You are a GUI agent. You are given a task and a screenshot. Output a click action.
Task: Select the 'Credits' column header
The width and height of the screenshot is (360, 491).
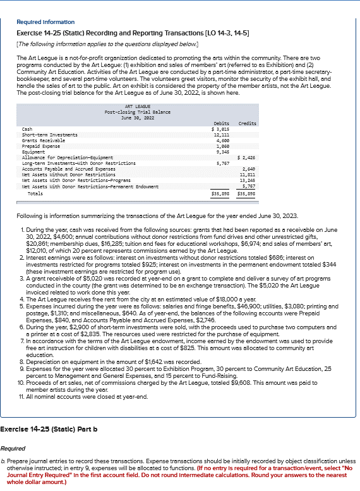pyautogui.click(x=247, y=123)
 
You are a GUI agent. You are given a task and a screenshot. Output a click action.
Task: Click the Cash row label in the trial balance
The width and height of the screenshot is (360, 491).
pyautogui.click(x=27, y=129)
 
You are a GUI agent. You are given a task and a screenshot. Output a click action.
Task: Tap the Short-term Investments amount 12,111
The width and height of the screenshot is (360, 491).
pyautogui.click(x=221, y=135)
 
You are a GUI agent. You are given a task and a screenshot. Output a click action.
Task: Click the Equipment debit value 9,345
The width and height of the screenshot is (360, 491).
pyautogui.click(x=222, y=151)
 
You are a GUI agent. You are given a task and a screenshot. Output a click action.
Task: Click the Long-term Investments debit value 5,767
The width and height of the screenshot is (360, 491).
pyautogui.click(x=222, y=162)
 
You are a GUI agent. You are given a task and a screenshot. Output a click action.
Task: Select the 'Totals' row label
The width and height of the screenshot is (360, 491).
pyautogui.click(x=35, y=193)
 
